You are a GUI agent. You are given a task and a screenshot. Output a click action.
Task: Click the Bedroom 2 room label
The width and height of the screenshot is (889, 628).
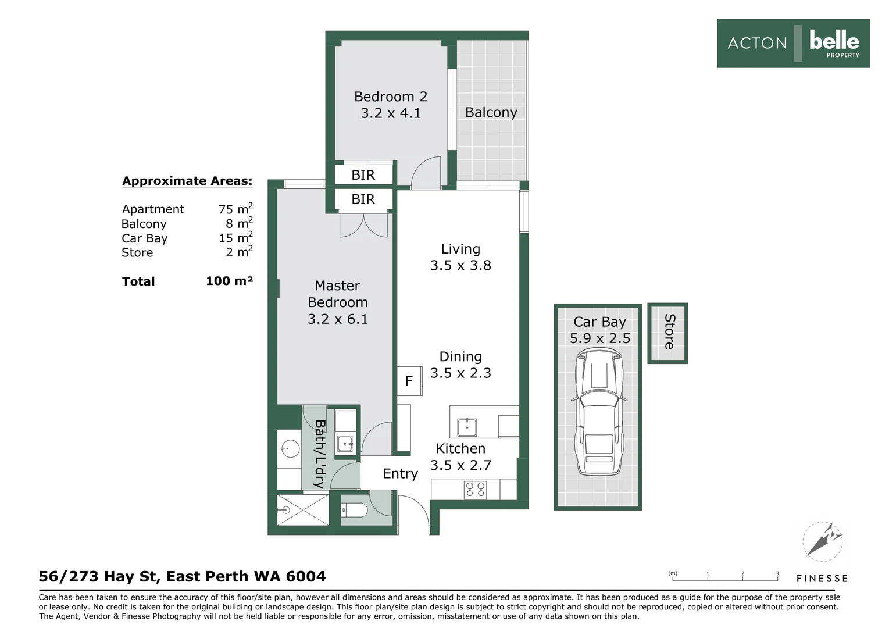[x=391, y=97]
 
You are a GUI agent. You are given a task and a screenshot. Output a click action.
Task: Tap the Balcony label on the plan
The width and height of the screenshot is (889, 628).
[x=491, y=112]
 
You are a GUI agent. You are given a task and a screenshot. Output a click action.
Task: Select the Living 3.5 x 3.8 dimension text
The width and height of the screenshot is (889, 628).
[x=460, y=265]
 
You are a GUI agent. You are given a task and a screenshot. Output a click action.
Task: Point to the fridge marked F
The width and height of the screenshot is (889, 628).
[x=409, y=381]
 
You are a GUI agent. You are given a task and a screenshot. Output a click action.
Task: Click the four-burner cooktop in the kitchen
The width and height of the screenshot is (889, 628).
[x=475, y=490]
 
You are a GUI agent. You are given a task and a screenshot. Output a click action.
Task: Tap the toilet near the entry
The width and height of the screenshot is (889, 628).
[x=355, y=509]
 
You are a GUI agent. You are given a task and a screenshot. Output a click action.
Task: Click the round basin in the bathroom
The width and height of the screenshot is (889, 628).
[x=290, y=449]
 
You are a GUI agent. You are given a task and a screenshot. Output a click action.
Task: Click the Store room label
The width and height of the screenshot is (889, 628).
[x=669, y=332]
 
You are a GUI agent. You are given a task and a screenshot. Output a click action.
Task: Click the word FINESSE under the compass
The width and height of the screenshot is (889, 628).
[x=822, y=579]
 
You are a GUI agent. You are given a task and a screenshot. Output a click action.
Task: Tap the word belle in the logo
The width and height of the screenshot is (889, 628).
[x=834, y=41]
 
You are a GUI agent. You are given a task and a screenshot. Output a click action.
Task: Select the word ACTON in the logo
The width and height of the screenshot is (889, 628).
[x=757, y=43]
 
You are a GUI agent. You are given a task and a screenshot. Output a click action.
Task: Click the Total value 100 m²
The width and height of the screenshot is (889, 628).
[x=230, y=281]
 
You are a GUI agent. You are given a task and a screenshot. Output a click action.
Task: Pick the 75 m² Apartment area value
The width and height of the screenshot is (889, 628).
[x=235, y=208]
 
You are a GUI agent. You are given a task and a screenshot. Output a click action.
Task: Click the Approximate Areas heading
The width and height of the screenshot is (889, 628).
[x=187, y=181]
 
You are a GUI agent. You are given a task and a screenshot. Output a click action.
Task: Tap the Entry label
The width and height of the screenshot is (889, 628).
[x=400, y=474]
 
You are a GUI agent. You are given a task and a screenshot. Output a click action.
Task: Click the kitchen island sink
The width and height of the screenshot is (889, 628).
[x=467, y=427]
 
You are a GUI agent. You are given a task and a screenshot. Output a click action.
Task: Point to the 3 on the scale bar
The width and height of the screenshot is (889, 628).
[x=777, y=573]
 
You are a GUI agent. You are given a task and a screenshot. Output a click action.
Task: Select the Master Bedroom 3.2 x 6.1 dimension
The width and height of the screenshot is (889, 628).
[x=338, y=319]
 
